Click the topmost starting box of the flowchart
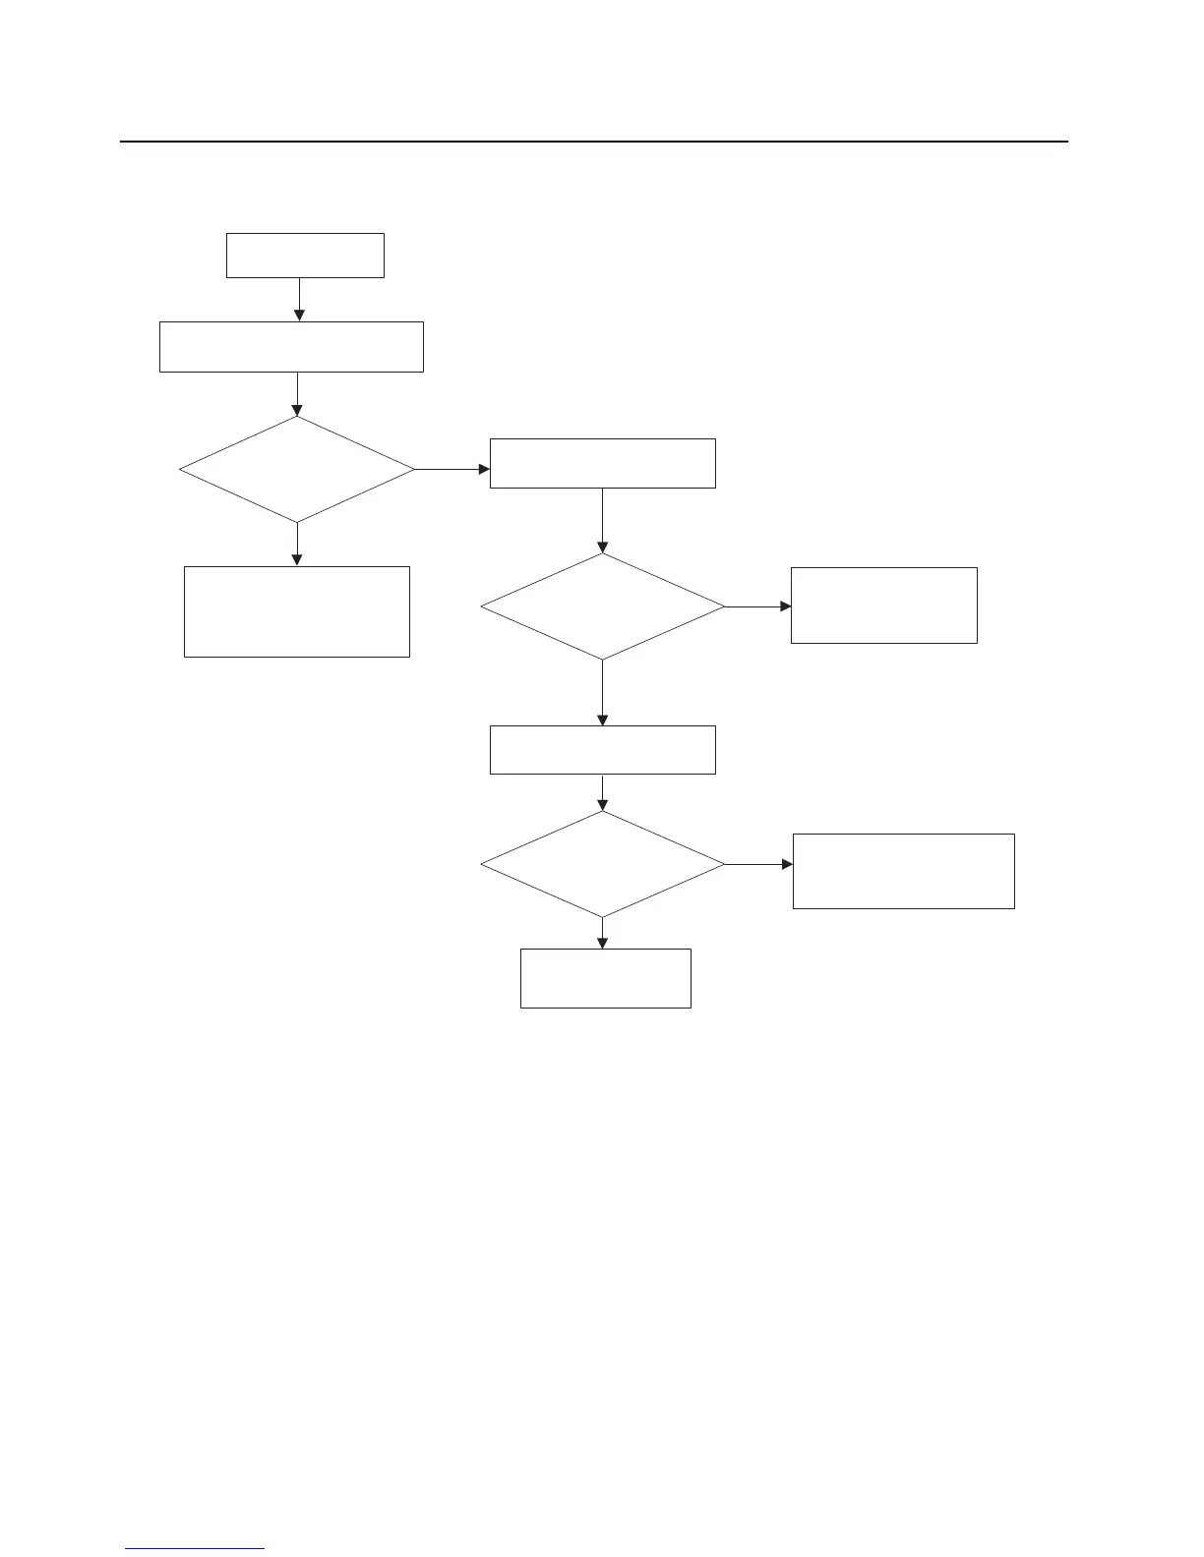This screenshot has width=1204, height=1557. (x=305, y=256)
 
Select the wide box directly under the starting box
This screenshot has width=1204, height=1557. (x=291, y=346)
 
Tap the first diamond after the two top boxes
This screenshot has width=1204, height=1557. (x=296, y=470)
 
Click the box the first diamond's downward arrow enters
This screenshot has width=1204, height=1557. (x=296, y=610)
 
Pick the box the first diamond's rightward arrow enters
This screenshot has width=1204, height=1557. (x=602, y=463)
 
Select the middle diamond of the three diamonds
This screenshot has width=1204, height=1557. (x=602, y=606)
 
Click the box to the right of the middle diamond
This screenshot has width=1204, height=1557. (x=883, y=605)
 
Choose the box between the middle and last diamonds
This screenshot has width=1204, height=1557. (x=602, y=750)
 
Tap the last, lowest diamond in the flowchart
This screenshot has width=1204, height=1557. (x=602, y=864)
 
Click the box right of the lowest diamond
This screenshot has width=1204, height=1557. (x=903, y=871)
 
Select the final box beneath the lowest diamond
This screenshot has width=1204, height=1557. (x=605, y=978)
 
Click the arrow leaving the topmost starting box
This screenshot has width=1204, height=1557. (x=299, y=299)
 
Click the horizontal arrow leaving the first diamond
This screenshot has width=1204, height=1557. (x=451, y=470)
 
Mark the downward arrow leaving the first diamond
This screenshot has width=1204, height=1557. (x=296, y=544)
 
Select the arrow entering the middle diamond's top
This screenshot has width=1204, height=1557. (x=602, y=521)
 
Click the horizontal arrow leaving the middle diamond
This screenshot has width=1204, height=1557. (x=757, y=606)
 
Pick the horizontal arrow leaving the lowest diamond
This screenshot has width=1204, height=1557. (x=758, y=864)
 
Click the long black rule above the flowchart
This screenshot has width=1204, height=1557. (x=593, y=142)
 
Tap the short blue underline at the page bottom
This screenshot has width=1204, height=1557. (x=195, y=1548)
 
